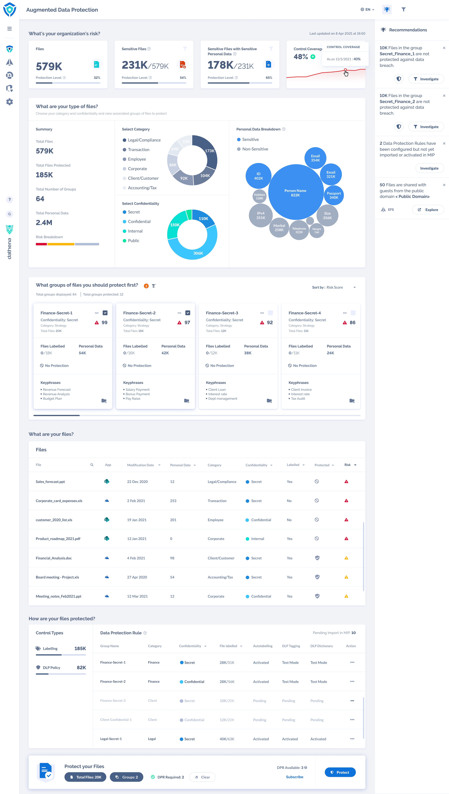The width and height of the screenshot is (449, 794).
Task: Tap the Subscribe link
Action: [x=294, y=777]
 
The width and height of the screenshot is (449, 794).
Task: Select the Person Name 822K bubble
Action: [x=295, y=192]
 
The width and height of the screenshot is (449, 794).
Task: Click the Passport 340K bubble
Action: [x=334, y=195]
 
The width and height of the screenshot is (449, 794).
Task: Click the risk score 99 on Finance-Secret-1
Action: [x=104, y=323]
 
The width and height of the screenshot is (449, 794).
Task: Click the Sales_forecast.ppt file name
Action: [x=50, y=482]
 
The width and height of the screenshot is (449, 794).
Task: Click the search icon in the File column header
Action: [x=92, y=465]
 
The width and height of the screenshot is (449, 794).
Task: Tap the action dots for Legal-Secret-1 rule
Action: [x=352, y=739]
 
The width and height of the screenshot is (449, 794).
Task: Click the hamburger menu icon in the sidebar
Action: [x=10, y=29]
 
